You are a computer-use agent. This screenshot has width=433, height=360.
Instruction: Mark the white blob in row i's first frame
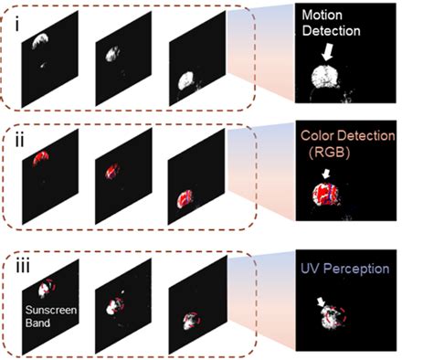pyautogui.click(x=42, y=37)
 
